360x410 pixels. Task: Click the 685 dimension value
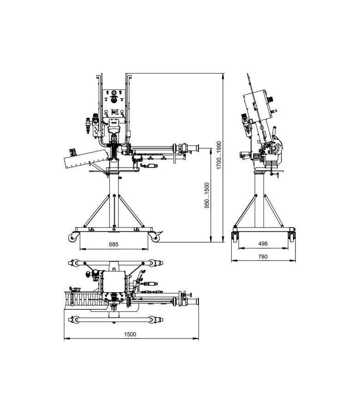point(114,244)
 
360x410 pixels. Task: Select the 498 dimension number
point(263,244)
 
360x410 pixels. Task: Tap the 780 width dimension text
point(263,257)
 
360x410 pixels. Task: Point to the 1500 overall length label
point(130,334)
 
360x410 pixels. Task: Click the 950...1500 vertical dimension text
point(207,195)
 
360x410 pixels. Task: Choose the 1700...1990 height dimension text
point(219,155)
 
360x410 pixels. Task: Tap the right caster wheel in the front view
point(155,238)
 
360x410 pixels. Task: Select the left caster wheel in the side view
point(235,237)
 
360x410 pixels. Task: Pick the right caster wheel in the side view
point(292,237)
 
